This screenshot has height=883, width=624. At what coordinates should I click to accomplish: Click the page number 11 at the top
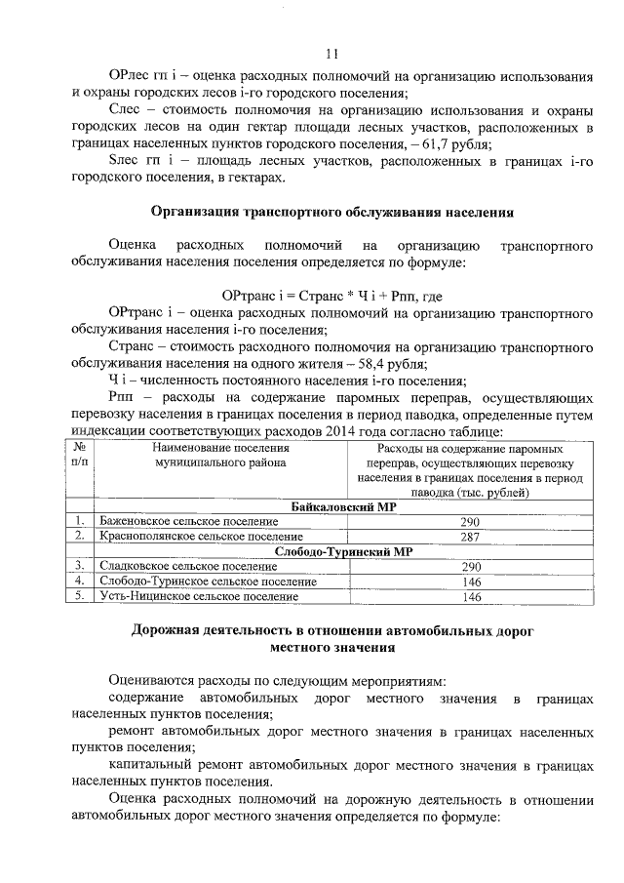pyautogui.click(x=332, y=54)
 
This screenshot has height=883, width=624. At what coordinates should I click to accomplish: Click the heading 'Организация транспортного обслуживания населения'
pyautogui.click(x=332, y=212)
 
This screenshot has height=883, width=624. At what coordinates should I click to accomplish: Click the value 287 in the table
pyautogui.click(x=471, y=537)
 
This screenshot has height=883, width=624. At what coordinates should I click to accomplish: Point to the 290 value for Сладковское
pyautogui.click(x=471, y=566)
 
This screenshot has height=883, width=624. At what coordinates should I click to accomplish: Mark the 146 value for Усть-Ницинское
pyautogui.click(x=471, y=596)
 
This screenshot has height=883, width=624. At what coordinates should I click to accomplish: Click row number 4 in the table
pyautogui.click(x=77, y=582)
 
